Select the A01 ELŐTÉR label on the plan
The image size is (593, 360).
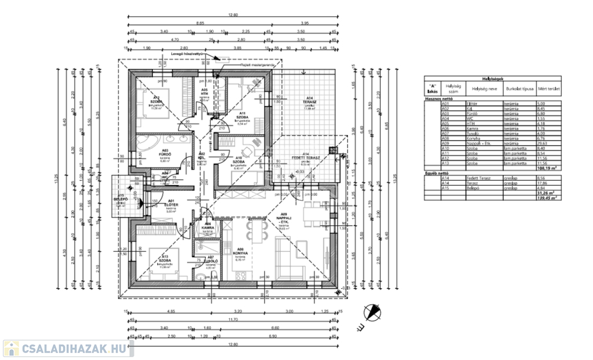171,203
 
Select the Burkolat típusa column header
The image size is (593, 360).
519,90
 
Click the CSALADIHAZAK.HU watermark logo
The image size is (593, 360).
68,348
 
